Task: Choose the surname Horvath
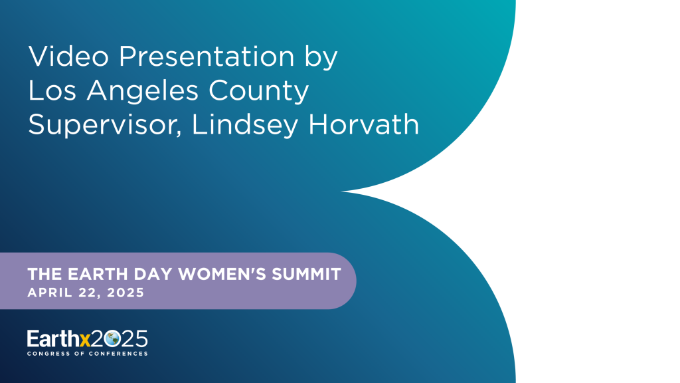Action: (363, 124)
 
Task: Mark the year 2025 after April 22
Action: (126, 292)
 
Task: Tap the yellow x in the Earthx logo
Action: (84, 340)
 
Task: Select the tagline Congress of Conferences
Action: (87, 353)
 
